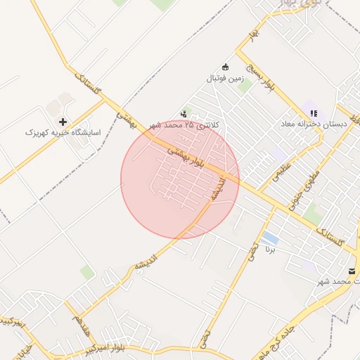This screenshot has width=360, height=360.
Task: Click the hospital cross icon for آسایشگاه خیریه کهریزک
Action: click(x=63, y=122)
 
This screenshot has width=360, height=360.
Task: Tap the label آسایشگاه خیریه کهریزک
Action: click(x=63, y=132)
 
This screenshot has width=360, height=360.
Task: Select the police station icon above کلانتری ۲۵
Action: click(x=184, y=112)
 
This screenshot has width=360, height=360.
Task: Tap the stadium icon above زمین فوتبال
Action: click(x=225, y=67)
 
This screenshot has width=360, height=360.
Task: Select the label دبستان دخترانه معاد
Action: click(x=315, y=124)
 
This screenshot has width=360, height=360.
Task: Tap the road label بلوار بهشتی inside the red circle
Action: click(x=186, y=157)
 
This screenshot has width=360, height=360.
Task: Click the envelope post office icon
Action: click(x=351, y=271)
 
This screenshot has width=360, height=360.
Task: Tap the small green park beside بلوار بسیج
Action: click(x=245, y=86)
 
